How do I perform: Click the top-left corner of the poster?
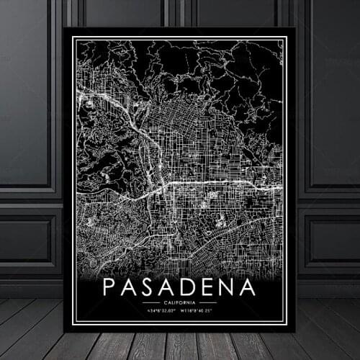66,29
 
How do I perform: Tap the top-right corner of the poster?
294,29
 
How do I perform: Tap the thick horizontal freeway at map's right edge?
270,186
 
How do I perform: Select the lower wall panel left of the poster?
29,241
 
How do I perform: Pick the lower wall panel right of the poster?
330,241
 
